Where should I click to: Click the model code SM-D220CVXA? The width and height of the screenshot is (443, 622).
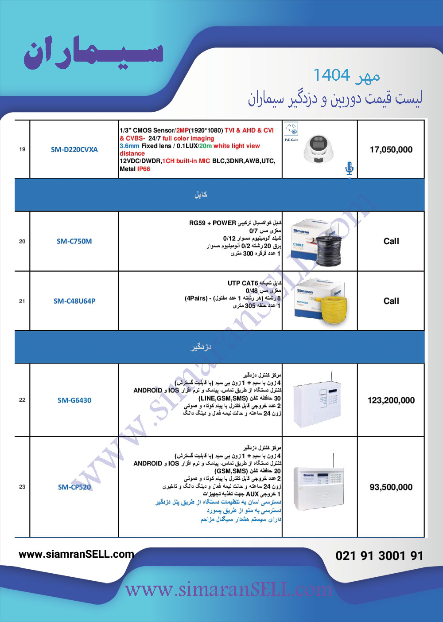pos(74,149)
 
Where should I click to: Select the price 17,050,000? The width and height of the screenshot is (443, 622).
pos(391,149)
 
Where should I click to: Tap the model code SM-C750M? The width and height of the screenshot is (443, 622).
pos(74,241)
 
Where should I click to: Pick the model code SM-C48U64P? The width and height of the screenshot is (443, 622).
pos(74,301)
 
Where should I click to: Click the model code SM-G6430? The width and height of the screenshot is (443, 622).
pos(74,400)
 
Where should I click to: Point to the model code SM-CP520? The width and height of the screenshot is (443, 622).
pos(74,487)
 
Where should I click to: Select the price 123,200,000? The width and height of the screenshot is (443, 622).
pos(391,400)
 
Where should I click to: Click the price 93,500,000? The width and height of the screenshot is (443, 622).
pos(391,487)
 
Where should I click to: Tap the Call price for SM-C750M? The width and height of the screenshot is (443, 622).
pos(391,241)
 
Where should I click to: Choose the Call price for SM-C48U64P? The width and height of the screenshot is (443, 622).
pos(391,301)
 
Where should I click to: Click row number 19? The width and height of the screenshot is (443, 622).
pos(22,149)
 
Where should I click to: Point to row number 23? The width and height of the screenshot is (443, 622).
pos(22,487)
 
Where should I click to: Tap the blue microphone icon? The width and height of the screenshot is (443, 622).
pos(349,168)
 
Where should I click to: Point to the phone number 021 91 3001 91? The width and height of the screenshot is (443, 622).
pos(379,555)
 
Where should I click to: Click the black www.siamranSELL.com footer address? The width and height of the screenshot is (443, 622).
pos(76,554)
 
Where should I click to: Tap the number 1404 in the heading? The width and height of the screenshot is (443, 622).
pos(331,75)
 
